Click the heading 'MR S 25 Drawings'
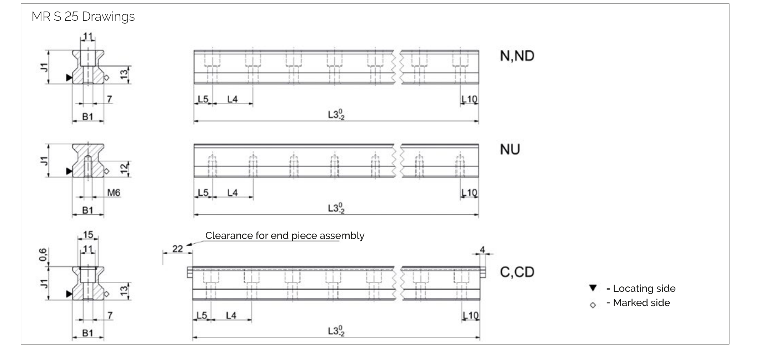[x=83, y=16]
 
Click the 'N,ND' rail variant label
[x=517, y=56]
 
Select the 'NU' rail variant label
[x=510, y=150]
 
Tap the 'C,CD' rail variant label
[x=517, y=272]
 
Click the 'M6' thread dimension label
[x=114, y=193]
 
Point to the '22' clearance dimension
[x=177, y=249]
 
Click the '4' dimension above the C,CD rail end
[x=482, y=250]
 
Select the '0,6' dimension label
[x=43, y=255]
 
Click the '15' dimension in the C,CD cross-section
[x=88, y=235]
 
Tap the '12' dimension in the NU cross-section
[x=124, y=169]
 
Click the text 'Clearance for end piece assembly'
[x=285, y=236]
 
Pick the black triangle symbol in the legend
[x=593, y=288]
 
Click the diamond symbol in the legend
[x=593, y=305]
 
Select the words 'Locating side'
[x=644, y=289]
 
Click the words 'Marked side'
[x=641, y=303]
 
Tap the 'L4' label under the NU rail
[x=232, y=193]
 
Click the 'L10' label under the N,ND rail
[x=469, y=99]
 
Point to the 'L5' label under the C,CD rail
[x=202, y=316]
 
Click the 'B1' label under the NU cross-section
[x=87, y=210]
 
